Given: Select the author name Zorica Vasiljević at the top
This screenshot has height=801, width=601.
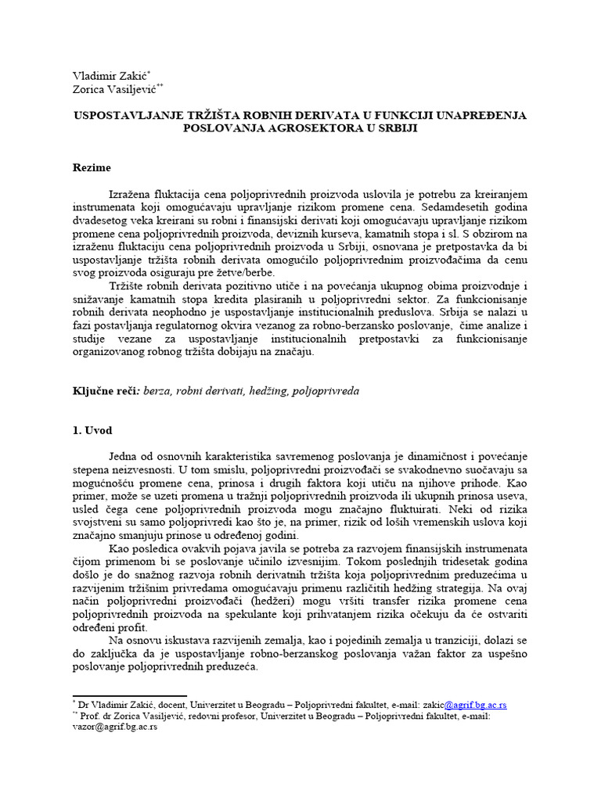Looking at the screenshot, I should click(113, 91).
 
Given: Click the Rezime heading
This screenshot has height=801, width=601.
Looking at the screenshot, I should click(92, 167).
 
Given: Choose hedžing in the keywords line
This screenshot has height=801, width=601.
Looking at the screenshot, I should click(265, 390).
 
